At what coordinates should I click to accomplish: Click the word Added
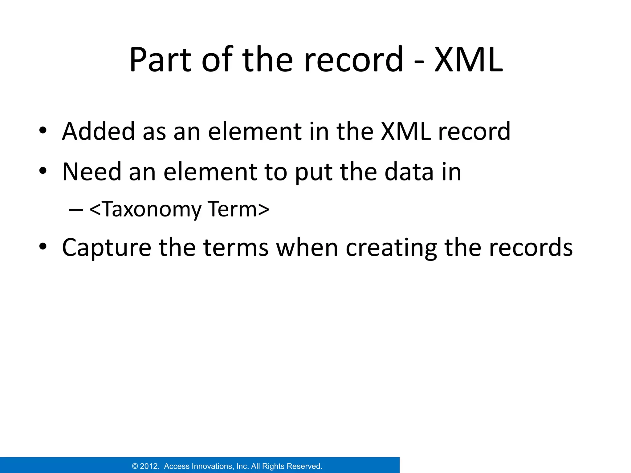pos(98,131)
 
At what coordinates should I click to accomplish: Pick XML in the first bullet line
pos(405,131)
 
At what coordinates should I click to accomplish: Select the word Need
pos(92,172)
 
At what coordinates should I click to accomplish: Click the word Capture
pos(107,248)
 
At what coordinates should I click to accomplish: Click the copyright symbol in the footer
pos(135,466)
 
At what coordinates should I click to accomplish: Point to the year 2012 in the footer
pos(149,466)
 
